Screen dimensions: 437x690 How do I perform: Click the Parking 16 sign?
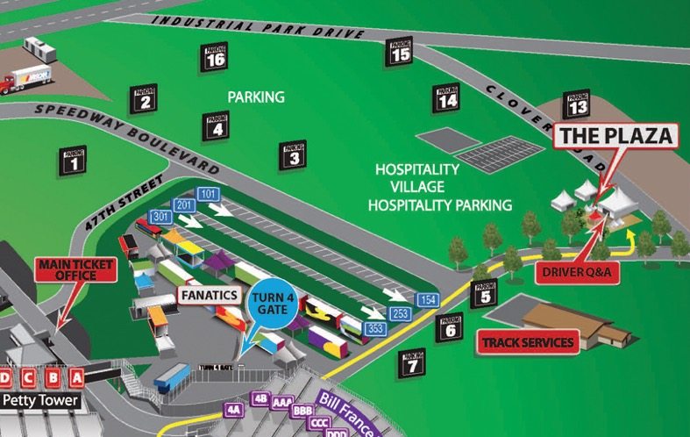point(215,57)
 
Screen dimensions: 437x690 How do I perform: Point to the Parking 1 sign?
point(75,159)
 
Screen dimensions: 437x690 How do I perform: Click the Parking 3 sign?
point(294,154)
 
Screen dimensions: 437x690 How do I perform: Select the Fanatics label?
point(210,295)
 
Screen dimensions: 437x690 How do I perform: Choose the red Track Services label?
point(527,342)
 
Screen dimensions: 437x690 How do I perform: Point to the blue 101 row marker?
point(208,193)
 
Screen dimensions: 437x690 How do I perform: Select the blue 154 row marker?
point(427,300)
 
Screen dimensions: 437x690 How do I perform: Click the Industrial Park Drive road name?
point(257,27)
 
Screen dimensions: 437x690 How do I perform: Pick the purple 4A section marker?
point(233,409)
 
